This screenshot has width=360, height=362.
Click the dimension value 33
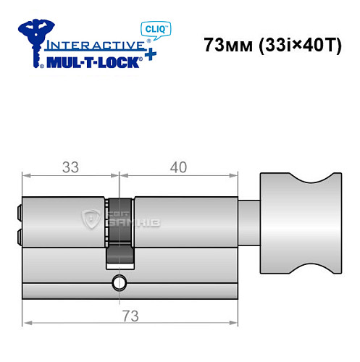(70, 167)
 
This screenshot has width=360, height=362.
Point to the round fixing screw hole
(119, 282)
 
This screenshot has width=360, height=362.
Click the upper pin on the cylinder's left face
(18, 212)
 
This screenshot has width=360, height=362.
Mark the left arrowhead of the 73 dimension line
(27, 324)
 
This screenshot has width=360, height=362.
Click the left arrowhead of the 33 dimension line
(27, 174)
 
